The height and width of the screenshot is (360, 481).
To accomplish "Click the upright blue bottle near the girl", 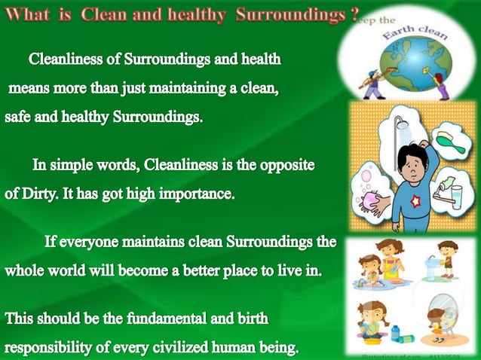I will coord(395,332).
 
